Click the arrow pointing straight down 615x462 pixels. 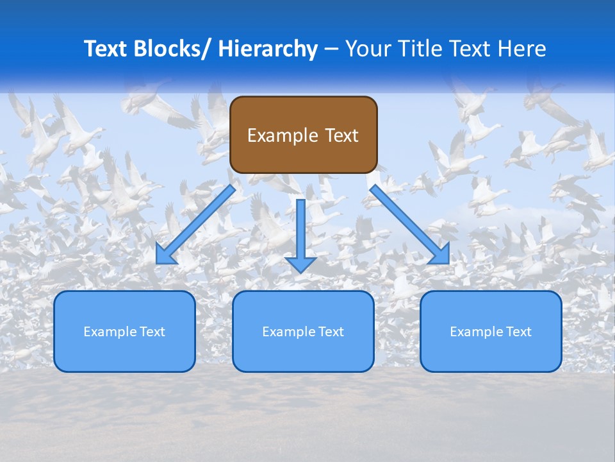(x=300, y=234)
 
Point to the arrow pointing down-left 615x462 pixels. (x=195, y=225)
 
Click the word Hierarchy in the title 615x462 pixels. (x=268, y=49)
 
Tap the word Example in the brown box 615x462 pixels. (x=283, y=135)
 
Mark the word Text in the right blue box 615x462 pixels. (x=518, y=332)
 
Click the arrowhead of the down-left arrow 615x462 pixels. (x=165, y=256)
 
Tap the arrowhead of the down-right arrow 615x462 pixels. (x=441, y=256)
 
